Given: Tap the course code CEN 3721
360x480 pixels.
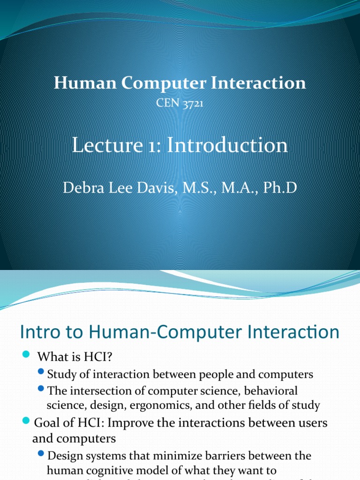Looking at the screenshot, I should coord(180,103).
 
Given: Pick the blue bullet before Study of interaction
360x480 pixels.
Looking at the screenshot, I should coord(41,373).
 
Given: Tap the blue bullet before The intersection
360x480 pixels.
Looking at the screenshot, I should coord(41,389).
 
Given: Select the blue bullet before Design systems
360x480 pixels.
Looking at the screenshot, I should coord(41,455).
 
